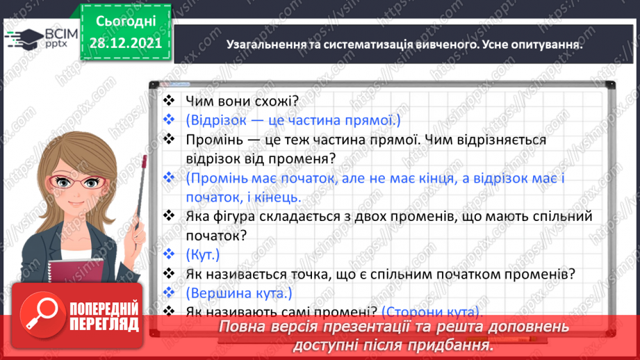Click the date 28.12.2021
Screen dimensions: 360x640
(x=125, y=42)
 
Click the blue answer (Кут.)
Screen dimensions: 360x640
(x=203, y=254)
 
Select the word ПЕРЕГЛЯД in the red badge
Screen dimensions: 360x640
(x=105, y=324)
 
